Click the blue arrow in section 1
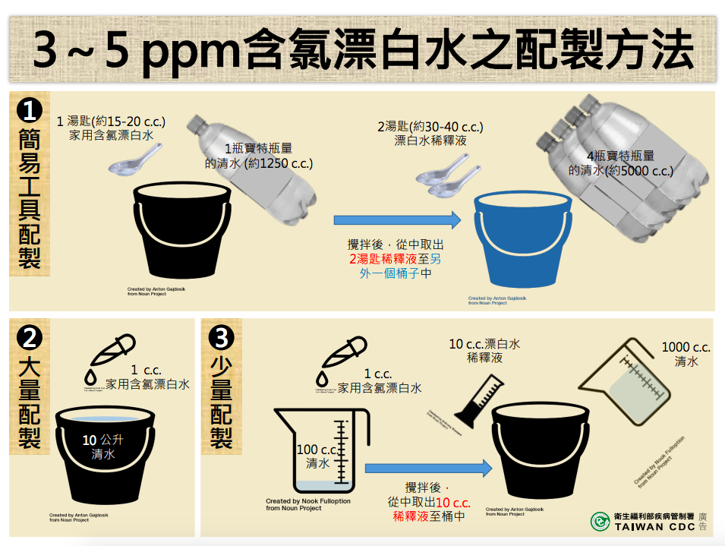[398, 220]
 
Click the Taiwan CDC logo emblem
[600, 522]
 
